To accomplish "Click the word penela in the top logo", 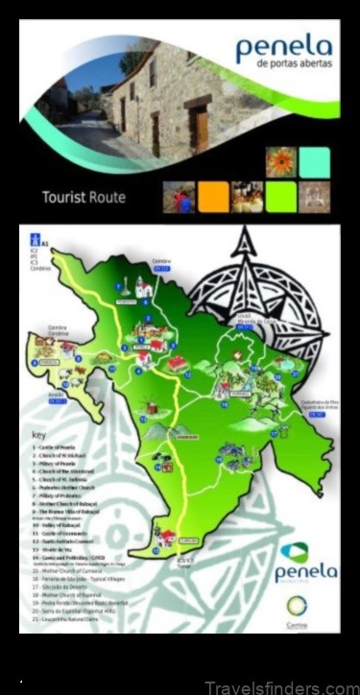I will click(x=284, y=46).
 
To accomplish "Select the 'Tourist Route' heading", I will click(x=83, y=199).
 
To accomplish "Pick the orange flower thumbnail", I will click(x=279, y=161).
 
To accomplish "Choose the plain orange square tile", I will click(x=213, y=197).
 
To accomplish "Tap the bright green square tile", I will click(x=281, y=197).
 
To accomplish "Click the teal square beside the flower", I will click(x=314, y=161).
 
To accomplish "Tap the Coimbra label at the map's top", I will click(x=159, y=261).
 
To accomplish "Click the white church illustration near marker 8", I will click(x=143, y=285).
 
